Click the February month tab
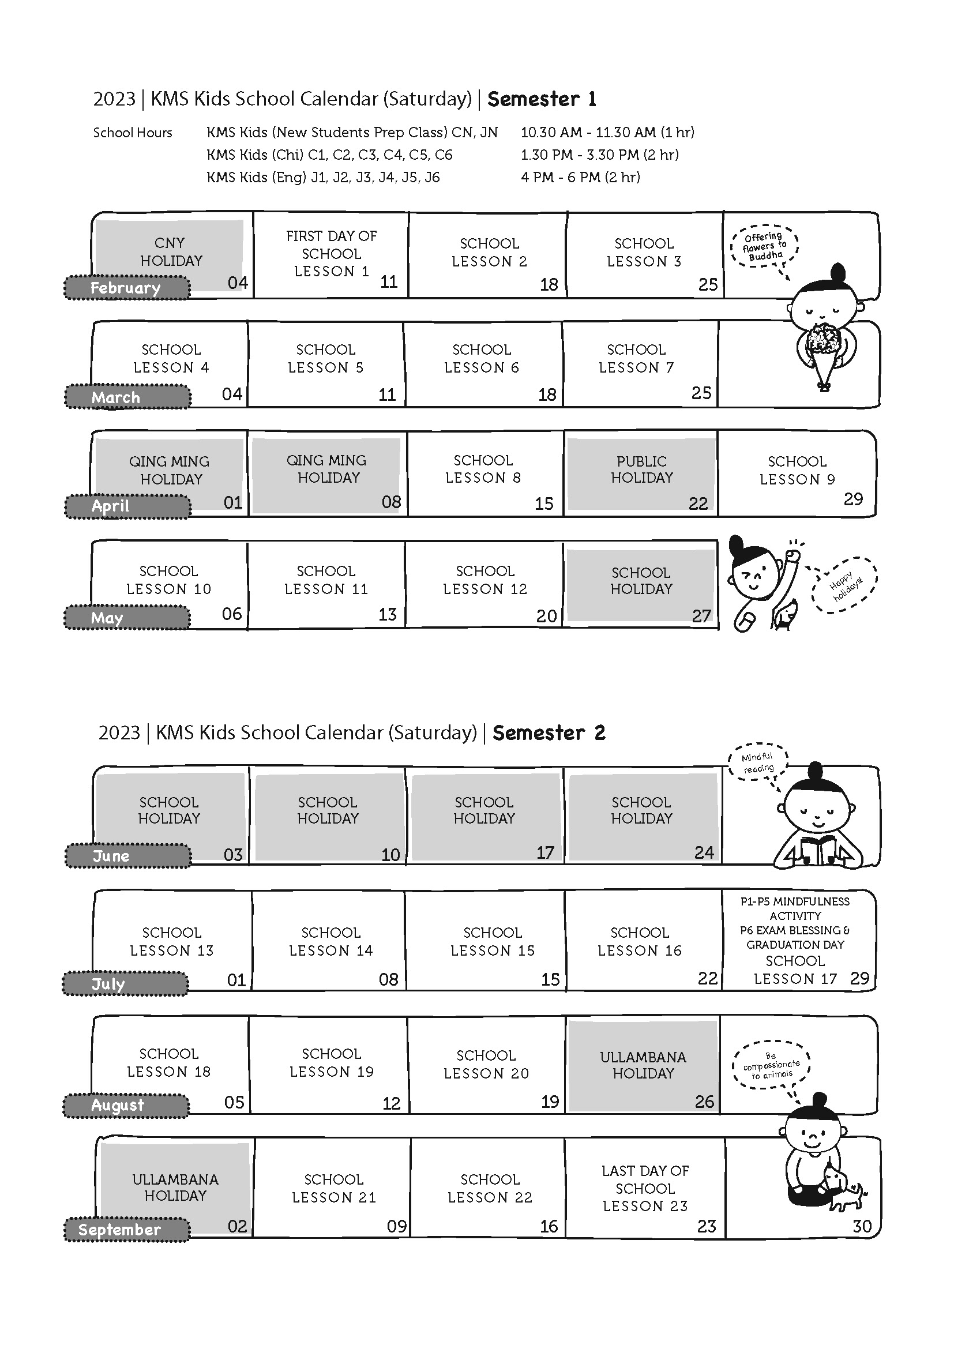[x=127, y=288]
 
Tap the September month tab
[x=127, y=1230]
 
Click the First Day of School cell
[x=331, y=255]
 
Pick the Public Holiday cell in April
[x=641, y=473]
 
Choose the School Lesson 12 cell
[x=484, y=585]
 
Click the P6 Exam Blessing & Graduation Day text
[x=795, y=938]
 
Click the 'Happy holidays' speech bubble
[x=845, y=585]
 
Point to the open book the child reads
[x=818, y=850]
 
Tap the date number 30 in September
[x=862, y=1226]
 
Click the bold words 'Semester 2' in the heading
[x=549, y=732]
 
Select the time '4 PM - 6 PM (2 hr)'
[x=580, y=177]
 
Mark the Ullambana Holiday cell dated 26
[x=643, y=1065]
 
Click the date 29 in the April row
[x=854, y=499]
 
